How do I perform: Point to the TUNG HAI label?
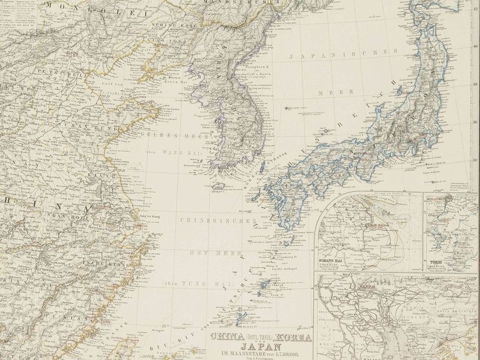pyautogui.click(x=206, y=282)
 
